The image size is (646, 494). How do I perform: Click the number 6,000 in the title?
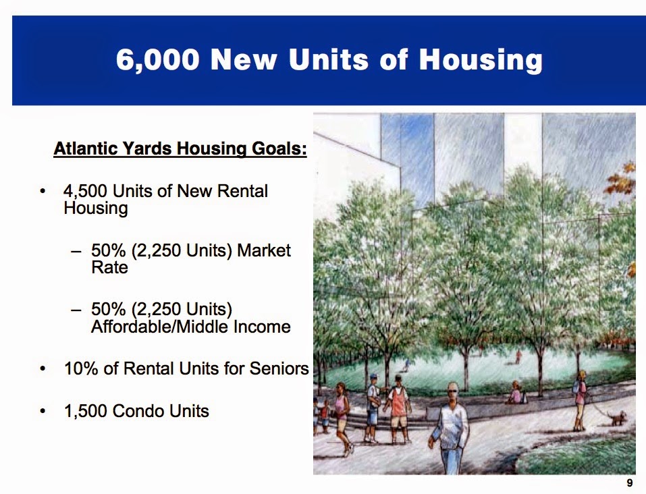tap(158, 60)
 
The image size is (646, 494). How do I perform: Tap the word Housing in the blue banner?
tap(481, 60)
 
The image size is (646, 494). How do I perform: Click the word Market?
tap(264, 250)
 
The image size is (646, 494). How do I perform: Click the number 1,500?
tap(86, 411)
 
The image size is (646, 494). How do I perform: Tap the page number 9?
tap(630, 483)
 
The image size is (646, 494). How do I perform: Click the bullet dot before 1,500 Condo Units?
tap(43, 411)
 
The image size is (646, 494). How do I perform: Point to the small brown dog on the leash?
tap(618, 417)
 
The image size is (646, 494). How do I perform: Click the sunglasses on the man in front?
tap(452, 391)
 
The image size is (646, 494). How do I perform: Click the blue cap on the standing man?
tap(374, 376)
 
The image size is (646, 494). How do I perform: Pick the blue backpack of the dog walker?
tap(576, 387)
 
